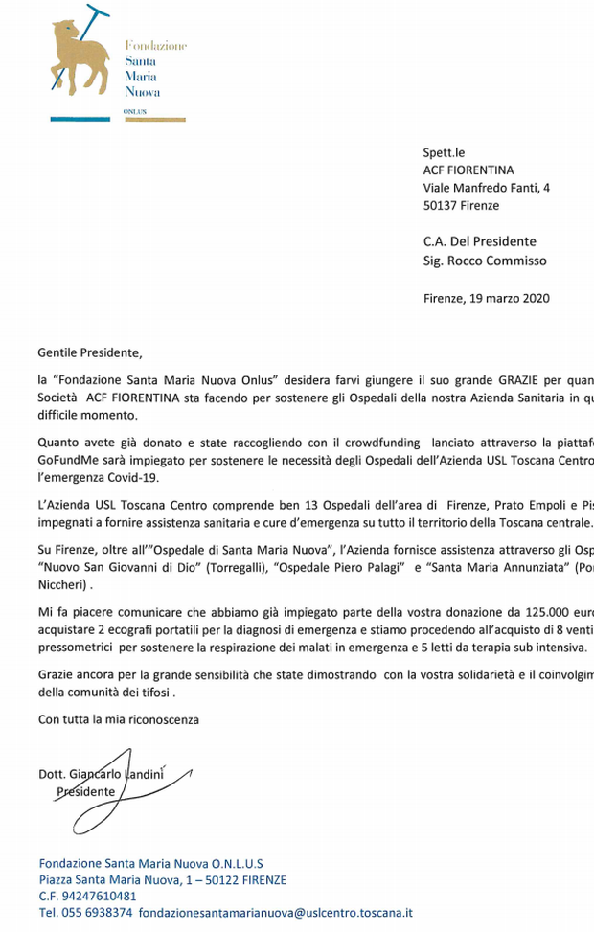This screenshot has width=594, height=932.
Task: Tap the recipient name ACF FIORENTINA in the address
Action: (468, 170)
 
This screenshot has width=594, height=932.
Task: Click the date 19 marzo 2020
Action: (509, 298)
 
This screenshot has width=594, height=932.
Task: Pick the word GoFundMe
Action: (68, 460)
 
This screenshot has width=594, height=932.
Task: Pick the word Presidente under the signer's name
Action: (85, 792)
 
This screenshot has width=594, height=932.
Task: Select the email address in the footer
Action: (275, 913)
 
